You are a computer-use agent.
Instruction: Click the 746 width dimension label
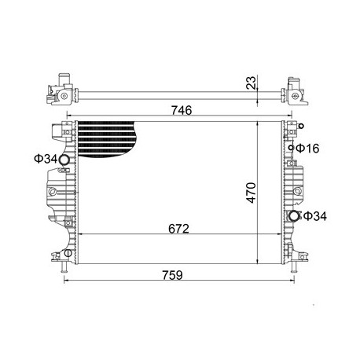(182, 110)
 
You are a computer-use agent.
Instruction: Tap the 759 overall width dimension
(172, 275)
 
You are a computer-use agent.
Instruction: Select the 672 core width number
(178, 229)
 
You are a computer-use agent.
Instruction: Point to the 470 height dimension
(252, 193)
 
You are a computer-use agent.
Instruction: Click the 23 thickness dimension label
(251, 83)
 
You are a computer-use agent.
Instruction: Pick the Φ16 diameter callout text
(307, 149)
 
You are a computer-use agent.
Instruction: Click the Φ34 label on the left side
(46, 159)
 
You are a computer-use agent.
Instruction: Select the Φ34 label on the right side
(315, 216)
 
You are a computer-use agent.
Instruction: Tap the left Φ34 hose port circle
(64, 160)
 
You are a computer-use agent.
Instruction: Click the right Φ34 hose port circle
(294, 216)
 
